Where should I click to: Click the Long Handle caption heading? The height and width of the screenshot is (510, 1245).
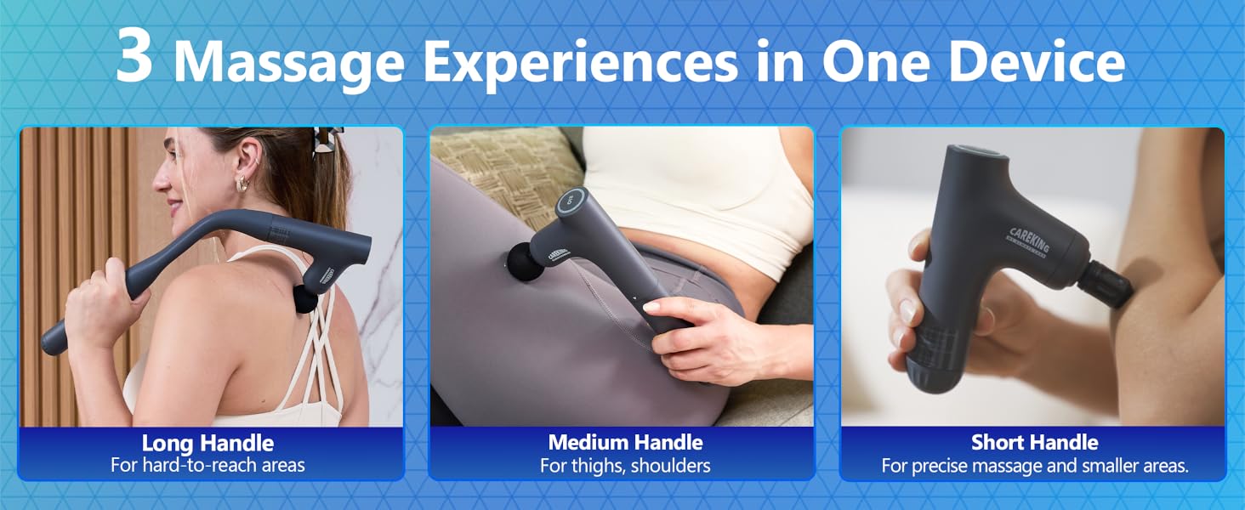[207, 443]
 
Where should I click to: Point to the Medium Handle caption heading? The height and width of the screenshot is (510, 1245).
[625, 443]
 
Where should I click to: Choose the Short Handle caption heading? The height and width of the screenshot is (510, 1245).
[1034, 443]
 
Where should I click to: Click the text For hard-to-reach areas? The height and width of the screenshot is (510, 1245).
[207, 465]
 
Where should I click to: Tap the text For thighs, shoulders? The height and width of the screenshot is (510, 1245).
[625, 466]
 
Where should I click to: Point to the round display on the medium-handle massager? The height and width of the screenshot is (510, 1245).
[569, 203]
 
